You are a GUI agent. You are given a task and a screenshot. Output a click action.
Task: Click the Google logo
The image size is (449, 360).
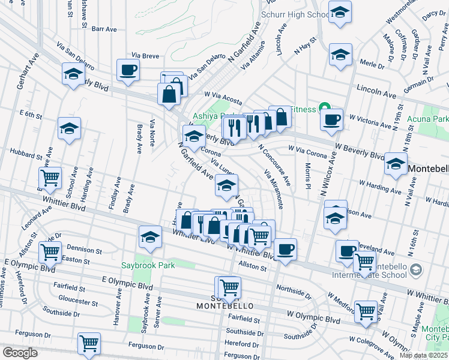click(20, 353)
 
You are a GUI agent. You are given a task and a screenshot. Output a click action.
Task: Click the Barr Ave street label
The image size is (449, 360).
click(103, 28)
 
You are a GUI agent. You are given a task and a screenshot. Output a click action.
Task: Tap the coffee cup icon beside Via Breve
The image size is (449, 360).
click(128, 70)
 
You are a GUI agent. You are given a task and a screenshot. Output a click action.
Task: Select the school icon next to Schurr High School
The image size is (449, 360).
click(340, 12)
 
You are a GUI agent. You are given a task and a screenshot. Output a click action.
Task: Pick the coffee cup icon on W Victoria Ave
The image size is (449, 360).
click(330, 119)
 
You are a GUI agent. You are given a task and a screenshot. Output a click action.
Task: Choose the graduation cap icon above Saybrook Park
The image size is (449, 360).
click(149, 236)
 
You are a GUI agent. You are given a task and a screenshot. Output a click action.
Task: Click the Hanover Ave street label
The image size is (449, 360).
click(117, 305)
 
